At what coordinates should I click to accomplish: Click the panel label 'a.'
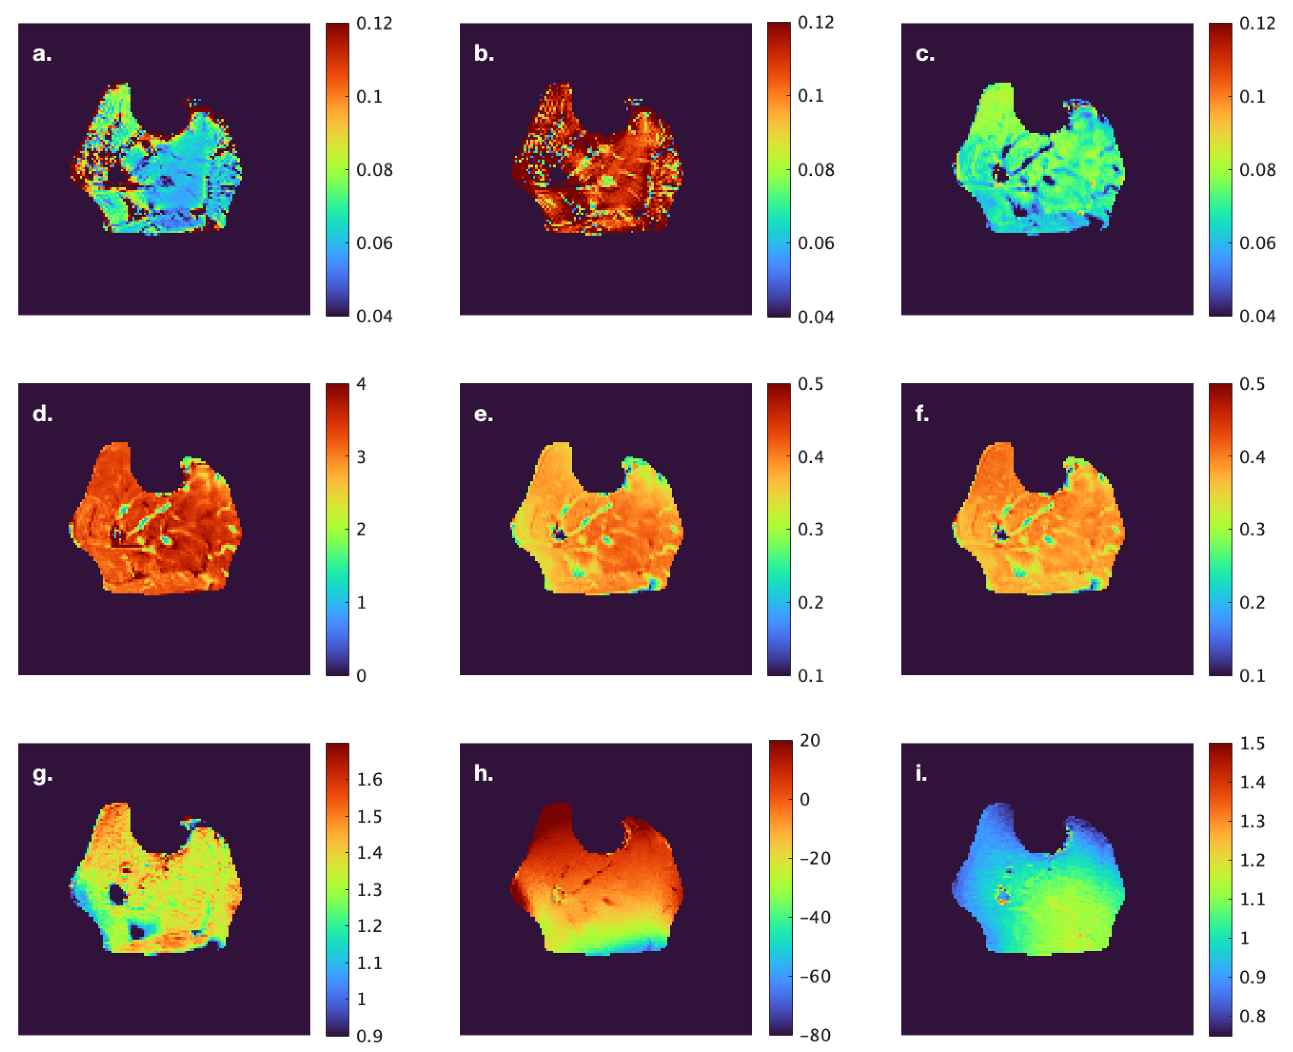[x=42, y=54]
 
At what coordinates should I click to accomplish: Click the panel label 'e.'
[x=483, y=414]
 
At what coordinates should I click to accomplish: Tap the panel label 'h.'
[x=483, y=773]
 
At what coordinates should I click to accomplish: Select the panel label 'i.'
[x=921, y=773]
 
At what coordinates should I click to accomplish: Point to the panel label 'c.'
[x=924, y=54]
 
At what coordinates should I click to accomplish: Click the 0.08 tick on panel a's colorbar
[x=374, y=170]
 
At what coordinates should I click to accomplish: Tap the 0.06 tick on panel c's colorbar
[x=1256, y=243]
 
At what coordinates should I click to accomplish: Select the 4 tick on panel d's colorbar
[x=361, y=384]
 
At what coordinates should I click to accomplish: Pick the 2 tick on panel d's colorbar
[x=361, y=529]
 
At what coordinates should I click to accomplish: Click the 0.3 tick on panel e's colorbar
[x=810, y=529]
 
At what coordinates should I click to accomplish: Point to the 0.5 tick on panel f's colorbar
[x=1252, y=384]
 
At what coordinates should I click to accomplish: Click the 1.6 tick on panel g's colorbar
[x=369, y=779]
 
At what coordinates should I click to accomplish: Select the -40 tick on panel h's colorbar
[x=815, y=917]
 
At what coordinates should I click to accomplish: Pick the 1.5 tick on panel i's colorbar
[x=1252, y=744]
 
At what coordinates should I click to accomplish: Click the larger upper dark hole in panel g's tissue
[x=117, y=894]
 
